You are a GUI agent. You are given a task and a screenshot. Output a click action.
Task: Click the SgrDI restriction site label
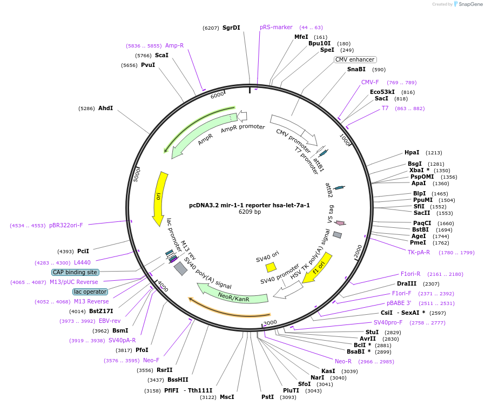click(231, 28)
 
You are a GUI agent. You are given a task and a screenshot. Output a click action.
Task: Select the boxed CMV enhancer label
click(355, 59)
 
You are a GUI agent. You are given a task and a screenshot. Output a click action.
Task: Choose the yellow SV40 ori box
click(271, 267)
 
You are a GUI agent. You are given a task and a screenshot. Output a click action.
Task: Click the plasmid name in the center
click(250, 205)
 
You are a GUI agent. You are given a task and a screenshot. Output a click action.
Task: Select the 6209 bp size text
click(250, 212)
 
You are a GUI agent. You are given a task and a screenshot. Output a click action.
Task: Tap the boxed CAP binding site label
click(75, 272)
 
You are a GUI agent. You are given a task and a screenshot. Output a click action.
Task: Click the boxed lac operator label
click(90, 292)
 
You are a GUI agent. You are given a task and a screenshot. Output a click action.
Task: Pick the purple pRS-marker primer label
click(276, 27)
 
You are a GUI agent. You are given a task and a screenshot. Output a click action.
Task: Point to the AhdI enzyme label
click(105, 108)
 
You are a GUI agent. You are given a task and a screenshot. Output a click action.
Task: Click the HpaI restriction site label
click(412, 153)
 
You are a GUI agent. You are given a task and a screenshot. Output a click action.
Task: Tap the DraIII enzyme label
click(407, 283)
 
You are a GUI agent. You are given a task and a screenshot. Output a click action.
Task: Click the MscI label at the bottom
click(227, 397)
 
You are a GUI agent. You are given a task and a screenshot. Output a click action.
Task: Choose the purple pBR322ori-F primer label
click(66, 225)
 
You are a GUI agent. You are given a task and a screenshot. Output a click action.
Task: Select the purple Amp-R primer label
click(174, 45)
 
